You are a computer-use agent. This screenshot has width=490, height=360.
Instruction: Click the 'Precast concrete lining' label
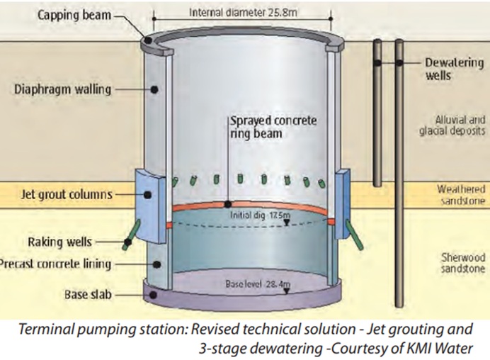[57, 264]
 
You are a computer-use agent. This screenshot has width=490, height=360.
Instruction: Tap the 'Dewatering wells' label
[454, 68]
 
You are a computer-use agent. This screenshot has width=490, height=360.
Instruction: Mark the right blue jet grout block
[345, 194]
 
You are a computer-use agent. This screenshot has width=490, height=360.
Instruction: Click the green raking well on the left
[132, 235]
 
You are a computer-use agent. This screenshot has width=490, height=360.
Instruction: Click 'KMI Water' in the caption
[440, 349]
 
